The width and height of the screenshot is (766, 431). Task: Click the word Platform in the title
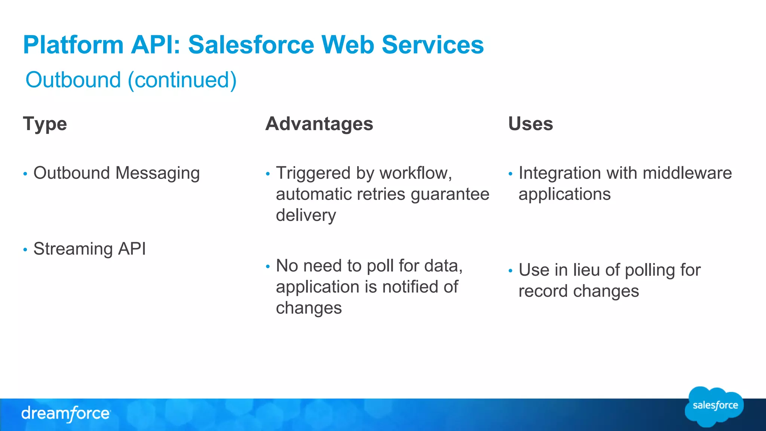coord(73,45)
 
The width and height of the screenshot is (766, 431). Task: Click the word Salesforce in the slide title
coord(251,45)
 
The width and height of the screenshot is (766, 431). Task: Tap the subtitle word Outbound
coord(73,80)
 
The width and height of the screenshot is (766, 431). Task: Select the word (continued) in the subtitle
coord(182,80)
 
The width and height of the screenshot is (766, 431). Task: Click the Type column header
coord(45,124)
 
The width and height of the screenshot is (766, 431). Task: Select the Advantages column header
coord(319,124)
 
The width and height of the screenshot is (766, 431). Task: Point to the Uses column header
coord(530,124)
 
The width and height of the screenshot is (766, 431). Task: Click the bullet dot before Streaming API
coord(25,250)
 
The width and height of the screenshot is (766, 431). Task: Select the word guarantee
coord(450,195)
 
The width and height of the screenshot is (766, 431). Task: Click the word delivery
coord(306,215)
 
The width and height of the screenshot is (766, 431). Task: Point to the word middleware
coord(687,173)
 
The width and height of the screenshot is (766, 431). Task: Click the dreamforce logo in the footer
coord(66,413)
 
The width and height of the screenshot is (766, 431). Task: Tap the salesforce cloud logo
coord(714,406)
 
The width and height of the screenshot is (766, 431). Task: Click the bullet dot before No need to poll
coord(268,267)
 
